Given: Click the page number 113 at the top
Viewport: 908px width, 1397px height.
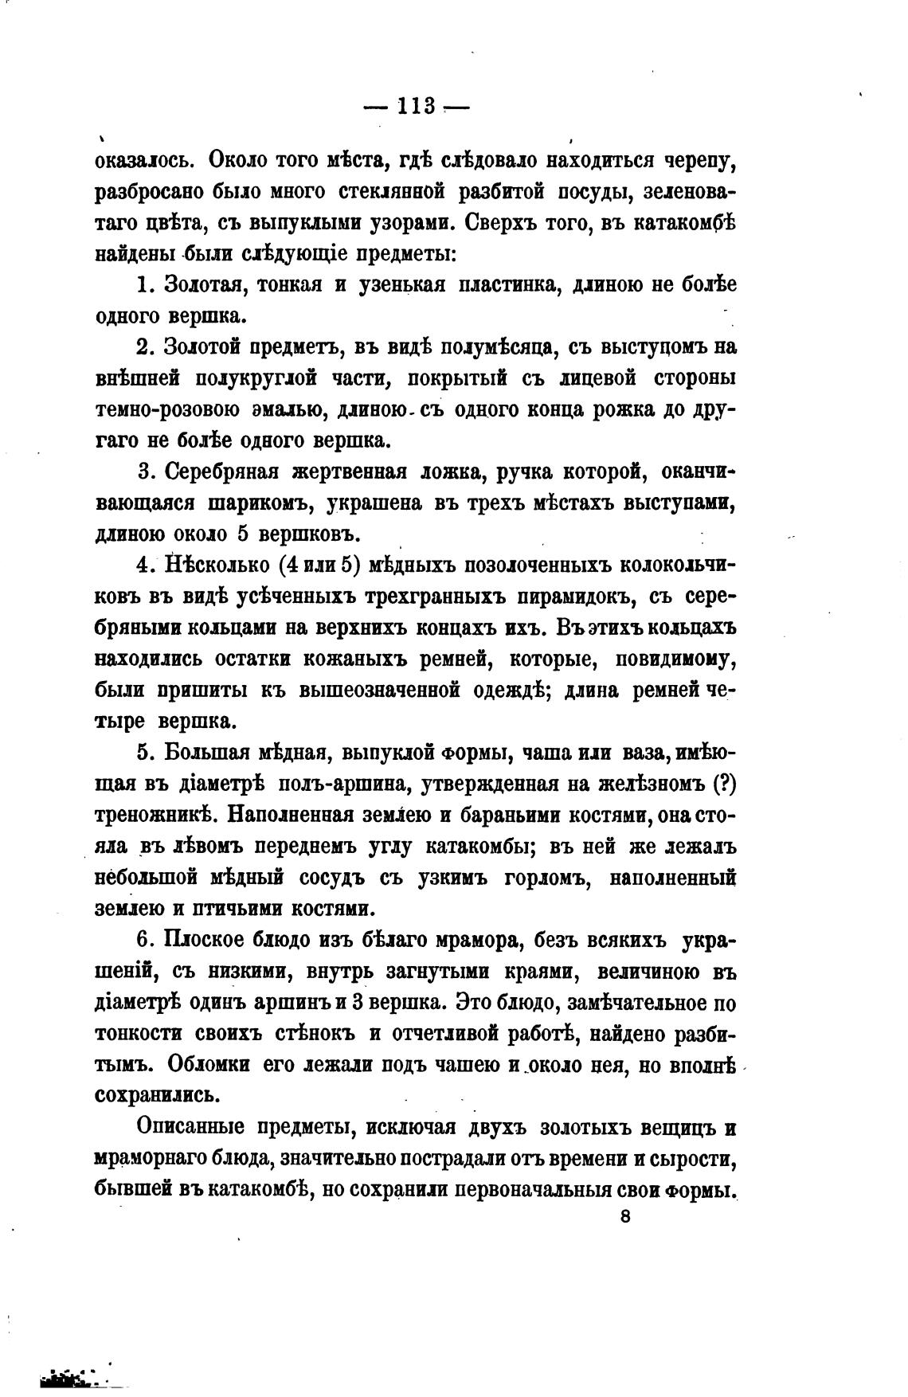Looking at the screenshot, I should pyautogui.click(x=415, y=107).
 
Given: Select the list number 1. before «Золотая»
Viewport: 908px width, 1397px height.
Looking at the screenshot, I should pyautogui.click(x=144, y=284).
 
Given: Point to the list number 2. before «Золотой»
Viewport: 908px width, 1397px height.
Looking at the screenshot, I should pyautogui.click(x=144, y=347).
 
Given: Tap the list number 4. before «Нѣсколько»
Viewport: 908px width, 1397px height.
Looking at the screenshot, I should pyautogui.click(x=145, y=565).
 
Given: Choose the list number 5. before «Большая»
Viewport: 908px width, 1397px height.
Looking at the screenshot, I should pyautogui.click(x=145, y=753).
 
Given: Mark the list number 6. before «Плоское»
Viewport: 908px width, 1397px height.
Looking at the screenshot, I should pyautogui.click(x=145, y=940).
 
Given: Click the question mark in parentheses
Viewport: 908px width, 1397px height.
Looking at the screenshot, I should pyautogui.click(x=722, y=785).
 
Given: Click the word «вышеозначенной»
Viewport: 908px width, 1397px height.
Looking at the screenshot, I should pyautogui.click(x=378, y=691).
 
